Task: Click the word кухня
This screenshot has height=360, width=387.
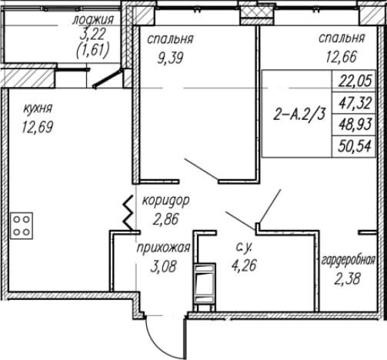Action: tap(38, 108)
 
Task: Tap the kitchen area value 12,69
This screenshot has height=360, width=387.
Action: tap(38, 127)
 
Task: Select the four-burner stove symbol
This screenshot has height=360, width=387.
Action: tap(22, 225)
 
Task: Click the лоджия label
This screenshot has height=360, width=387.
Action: tap(92, 20)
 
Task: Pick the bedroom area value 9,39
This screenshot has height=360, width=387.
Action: tap(171, 58)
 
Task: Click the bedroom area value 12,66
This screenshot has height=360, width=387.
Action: tap(341, 57)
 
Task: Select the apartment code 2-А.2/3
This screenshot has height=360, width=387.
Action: tap(299, 114)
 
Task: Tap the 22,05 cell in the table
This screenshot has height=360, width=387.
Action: tap(354, 82)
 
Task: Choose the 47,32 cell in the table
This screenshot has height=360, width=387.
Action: tap(354, 103)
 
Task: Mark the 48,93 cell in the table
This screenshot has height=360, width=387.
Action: tap(354, 125)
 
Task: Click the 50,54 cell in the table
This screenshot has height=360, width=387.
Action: tap(354, 146)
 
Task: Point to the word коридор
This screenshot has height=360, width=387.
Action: tap(166, 201)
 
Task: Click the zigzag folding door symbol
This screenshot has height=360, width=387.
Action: tap(128, 213)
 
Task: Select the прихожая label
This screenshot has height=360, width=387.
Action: tap(163, 248)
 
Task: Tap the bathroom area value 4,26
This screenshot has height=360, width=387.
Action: tap(244, 265)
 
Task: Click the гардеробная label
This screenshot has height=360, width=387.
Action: tap(349, 261)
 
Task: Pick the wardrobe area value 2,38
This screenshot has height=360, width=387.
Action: tap(348, 278)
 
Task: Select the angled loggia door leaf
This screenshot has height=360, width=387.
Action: tap(107, 78)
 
